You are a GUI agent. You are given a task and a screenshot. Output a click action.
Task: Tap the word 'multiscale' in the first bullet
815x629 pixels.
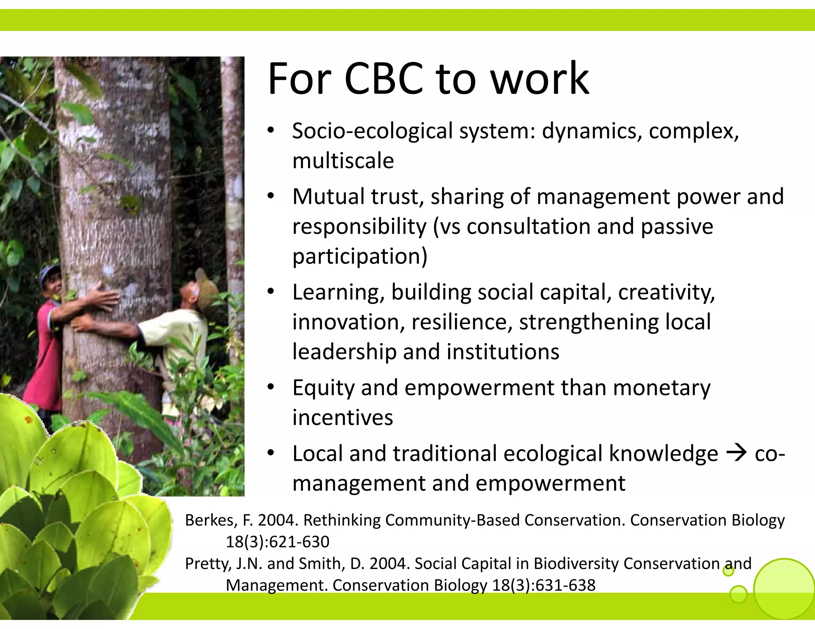(343, 161)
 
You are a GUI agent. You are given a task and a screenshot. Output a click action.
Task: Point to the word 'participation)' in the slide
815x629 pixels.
(360, 256)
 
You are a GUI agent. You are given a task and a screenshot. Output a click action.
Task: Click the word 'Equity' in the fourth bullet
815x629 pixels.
(323, 388)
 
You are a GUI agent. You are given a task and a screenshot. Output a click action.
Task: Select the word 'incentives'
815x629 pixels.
(343, 418)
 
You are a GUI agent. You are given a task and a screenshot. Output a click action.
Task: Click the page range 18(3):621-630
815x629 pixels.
(278, 542)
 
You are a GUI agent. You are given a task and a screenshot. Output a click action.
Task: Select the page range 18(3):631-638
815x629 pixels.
(544, 585)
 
